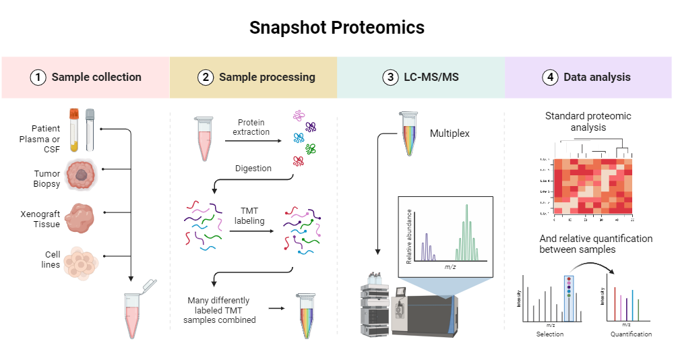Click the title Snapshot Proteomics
[x=337, y=28]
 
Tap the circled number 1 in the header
[x=38, y=77]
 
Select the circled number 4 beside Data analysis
[x=550, y=77]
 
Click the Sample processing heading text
[x=267, y=77]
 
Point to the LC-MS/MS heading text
[x=431, y=77]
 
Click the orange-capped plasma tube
[x=75, y=129]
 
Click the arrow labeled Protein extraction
[x=251, y=141]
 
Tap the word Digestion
[x=253, y=169]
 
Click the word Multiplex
[x=450, y=133]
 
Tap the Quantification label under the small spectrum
[x=631, y=334]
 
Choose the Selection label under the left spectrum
[x=549, y=334]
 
